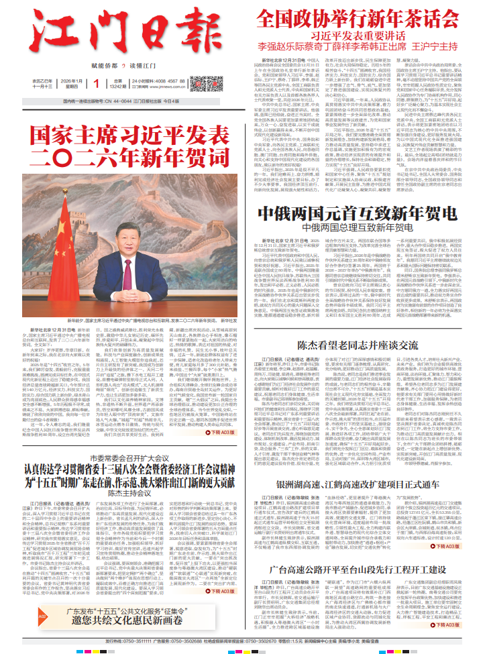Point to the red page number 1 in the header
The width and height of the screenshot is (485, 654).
(97, 83)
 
